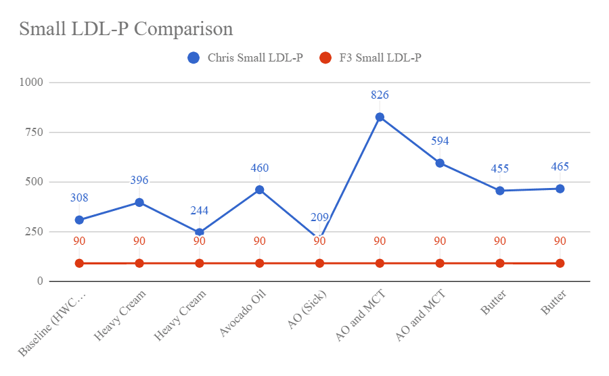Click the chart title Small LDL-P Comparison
pyautogui.click(x=126, y=29)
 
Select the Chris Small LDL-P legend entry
pyautogui.click(x=245, y=58)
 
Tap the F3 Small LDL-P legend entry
pyautogui.click(x=372, y=58)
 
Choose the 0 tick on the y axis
pyautogui.click(x=39, y=281)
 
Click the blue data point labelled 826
pyautogui.click(x=380, y=117)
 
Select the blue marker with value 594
pyautogui.click(x=440, y=163)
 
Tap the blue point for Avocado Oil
pyautogui.click(x=259, y=190)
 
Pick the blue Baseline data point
pyautogui.click(x=79, y=220)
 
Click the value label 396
pyautogui.click(x=139, y=180)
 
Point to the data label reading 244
pyautogui.click(x=199, y=210)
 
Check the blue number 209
pyautogui.click(x=319, y=217)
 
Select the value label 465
pyautogui.click(x=560, y=166)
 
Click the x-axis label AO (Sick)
pyautogui.click(x=307, y=311)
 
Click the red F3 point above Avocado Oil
pyautogui.click(x=259, y=263)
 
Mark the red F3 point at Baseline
pyautogui.click(x=79, y=263)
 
